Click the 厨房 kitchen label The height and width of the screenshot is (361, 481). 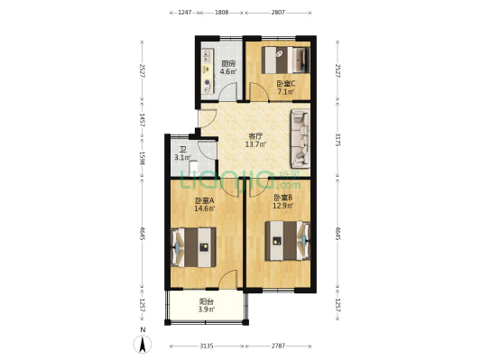228,64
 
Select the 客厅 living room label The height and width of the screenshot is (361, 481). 255,136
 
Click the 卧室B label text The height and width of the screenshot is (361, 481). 283,197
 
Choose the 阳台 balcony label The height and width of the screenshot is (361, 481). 206,303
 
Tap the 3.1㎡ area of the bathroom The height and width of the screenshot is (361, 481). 182,159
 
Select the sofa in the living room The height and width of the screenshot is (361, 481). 300,138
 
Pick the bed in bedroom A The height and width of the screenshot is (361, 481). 194,246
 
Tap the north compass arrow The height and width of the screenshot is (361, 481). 143,343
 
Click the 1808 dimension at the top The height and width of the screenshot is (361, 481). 221,14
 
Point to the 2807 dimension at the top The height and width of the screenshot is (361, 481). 278,14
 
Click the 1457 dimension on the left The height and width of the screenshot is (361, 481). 142,121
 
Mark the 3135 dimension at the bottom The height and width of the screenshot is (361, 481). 206,346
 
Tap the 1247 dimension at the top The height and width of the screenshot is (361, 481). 184,14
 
